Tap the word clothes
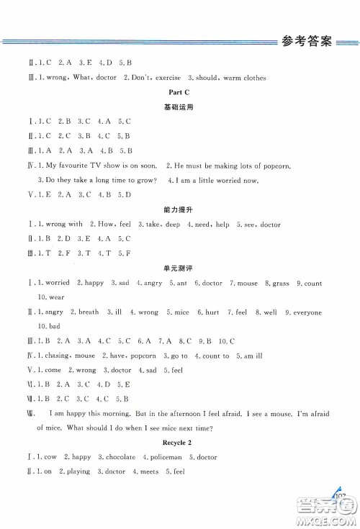[x=251, y=78]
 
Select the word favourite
[x=73, y=166]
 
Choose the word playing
[x=78, y=471]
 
